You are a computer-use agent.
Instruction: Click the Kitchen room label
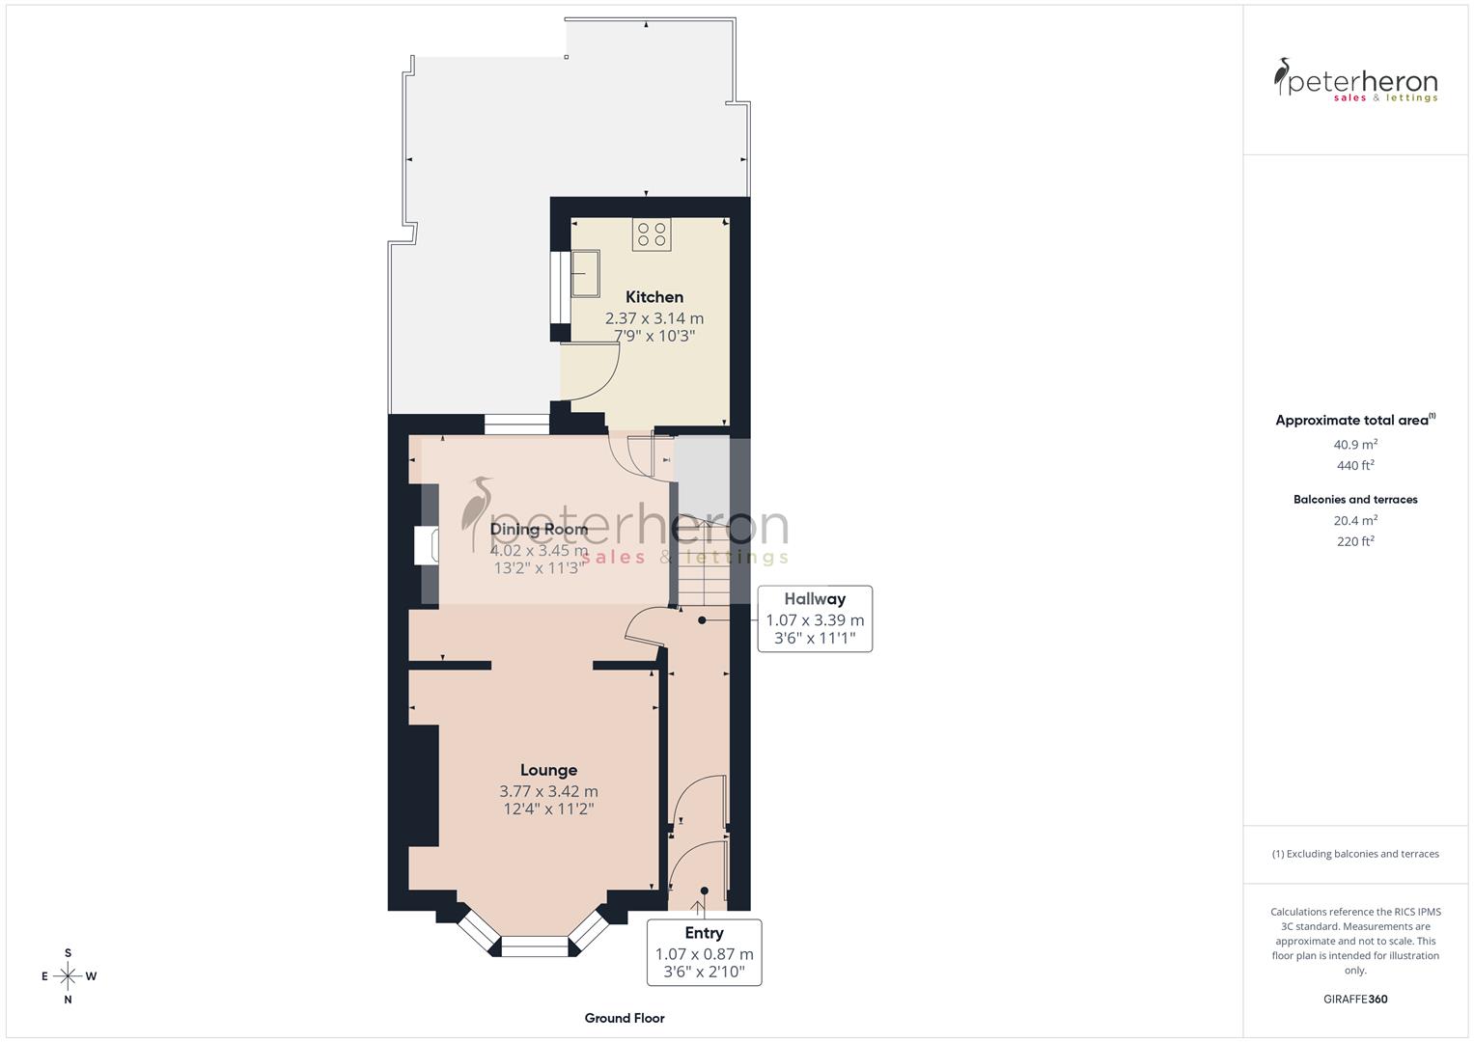coord(654,297)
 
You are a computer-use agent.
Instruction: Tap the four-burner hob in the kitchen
coord(651,234)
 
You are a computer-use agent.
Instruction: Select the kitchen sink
coord(585,274)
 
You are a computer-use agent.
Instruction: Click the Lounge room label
coord(548,770)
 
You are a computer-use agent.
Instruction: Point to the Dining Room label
coord(539,529)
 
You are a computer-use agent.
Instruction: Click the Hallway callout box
coord(815,619)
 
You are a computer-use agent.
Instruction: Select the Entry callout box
coord(704,951)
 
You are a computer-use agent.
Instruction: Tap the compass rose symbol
coord(68,976)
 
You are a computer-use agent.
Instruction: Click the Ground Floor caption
coord(625,1018)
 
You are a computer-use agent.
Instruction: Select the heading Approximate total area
coord(1353,421)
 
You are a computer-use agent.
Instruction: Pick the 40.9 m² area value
coord(1355,445)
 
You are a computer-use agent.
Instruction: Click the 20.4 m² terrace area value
coord(1355,521)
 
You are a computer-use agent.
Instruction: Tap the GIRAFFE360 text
coord(1355,1000)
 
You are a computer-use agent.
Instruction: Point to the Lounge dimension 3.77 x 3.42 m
coord(548,791)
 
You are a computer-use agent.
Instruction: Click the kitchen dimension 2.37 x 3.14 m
coord(654,317)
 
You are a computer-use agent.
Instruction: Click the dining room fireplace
coord(425,545)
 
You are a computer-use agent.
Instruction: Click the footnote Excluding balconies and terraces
coord(1355,854)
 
